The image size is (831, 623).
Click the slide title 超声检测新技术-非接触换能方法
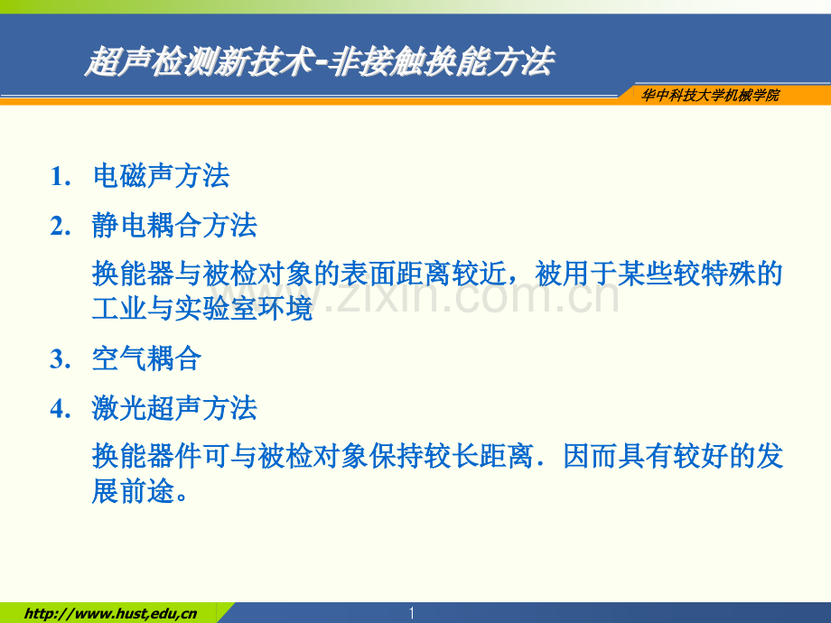[320, 60]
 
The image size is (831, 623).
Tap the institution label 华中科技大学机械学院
[710, 96]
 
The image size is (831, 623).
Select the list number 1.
[61, 176]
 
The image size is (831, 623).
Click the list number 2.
[61, 227]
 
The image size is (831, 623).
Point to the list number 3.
[61, 359]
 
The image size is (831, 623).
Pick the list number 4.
[61, 409]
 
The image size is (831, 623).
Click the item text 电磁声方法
[161, 176]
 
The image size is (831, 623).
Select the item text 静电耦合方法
[175, 226]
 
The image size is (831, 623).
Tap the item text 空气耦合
[147, 358]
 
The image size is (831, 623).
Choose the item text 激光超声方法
[175, 408]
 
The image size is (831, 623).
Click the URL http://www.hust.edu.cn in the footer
[110, 614]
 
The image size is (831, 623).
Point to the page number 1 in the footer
[411, 613]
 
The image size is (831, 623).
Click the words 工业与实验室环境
[202, 308]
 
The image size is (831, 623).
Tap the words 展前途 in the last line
[134, 490]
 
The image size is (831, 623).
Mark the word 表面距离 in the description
[396, 274]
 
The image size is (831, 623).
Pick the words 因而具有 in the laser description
[618, 456]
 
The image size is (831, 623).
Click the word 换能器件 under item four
[147, 456]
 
